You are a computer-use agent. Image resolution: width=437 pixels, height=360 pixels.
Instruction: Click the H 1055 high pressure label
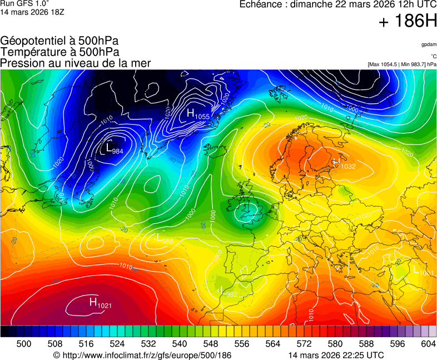pyautogui.click(x=197, y=114)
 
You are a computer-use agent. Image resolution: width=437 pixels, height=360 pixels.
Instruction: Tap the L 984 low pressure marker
pyautogui.click(x=114, y=149)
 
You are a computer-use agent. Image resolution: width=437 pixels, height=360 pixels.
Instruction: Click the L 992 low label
pyautogui.click(x=229, y=292)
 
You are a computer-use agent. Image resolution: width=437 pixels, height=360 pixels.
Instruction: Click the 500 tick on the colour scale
pyautogui.click(x=24, y=344)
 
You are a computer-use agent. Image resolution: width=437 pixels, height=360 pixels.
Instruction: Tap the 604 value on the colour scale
pyautogui.click(x=428, y=344)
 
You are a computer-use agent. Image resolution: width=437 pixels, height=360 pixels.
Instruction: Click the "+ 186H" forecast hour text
pyautogui.click(x=408, y=22)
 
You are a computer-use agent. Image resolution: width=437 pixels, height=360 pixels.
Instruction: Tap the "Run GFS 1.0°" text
pyautogui.click(x=21, y=3)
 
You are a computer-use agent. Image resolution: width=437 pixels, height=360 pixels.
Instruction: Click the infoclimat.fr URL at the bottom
pyautogui.click(x=142, y=355)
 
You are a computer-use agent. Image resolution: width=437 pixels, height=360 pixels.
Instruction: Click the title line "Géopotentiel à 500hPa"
pyautogui.click(x=59, y=41)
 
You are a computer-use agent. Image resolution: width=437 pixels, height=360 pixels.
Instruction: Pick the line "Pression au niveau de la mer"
pyautogui.click(x=76, y=63)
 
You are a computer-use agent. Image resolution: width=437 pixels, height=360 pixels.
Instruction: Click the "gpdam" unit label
pyautogui.click(x=429, y=44)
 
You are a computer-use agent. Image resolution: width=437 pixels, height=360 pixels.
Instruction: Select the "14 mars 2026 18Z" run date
pyautogui.click(x=32, y=12)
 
